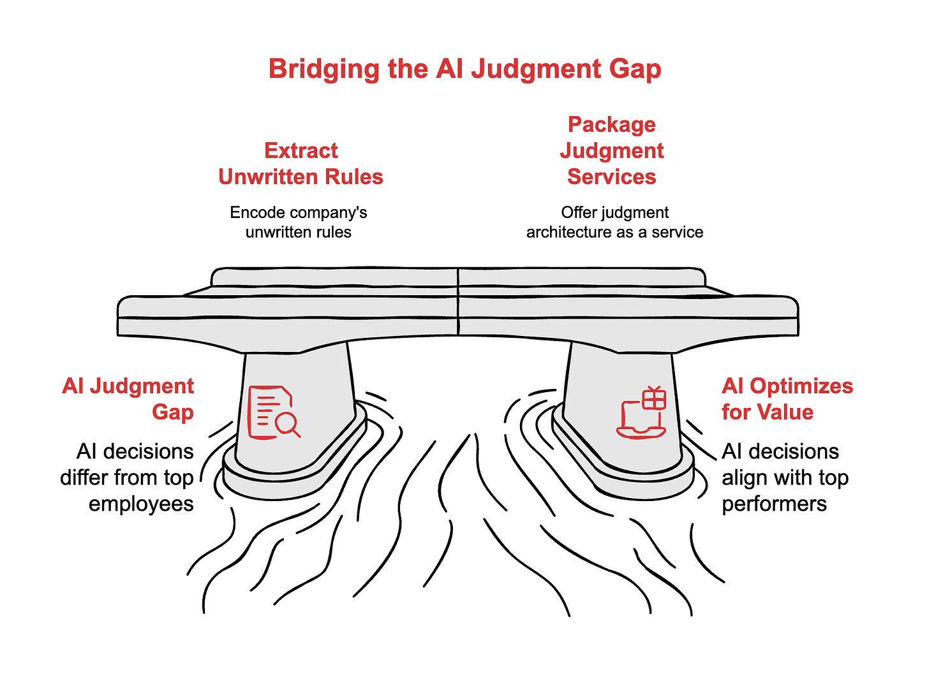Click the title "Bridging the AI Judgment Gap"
click(x=464, y=69)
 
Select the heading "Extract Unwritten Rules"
click(x=301, y=164)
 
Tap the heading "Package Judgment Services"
click(x=612, y=150)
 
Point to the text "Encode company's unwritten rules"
click(x=299, y=222)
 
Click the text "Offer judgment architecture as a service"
click(x=614, y=222)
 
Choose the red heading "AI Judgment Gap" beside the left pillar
click(x=128, y=398)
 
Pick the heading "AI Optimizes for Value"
click(x=787, y=398)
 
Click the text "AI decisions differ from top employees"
click(x=128, y=478)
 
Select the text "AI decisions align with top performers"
click(x=785, y=478)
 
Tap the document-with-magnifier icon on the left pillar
click(x=273, y=412)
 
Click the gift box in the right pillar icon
click(x=653, y=398)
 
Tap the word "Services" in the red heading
click(x=612, y=177)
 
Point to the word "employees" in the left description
click(x=141, y=504)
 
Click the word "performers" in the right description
click(x=774, y=504)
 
